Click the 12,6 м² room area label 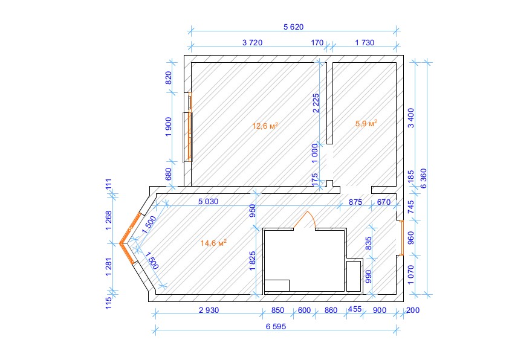[x=265, y=126]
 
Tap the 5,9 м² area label [x=366, y=123]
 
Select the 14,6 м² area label [x=213, y=243]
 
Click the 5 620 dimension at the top [x=293, y=27]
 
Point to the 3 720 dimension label [x=252, y=42]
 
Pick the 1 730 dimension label [x=365, y=42]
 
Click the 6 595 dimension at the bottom [x=276, y=327]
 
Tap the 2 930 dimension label [x=209, y=310]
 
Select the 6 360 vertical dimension [x=424, y=178]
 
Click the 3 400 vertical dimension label [x=410, y=118]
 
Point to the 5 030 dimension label [x=208, y=201]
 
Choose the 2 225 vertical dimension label [x=316, y=103]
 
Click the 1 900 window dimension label [x=169, y=127]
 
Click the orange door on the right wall [x=401, y=238]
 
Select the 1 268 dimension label [x=109, y=220]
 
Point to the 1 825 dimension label [x=253, y=261]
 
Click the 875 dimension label [x=355, y=202]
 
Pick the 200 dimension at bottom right [x=413, y=310]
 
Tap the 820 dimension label [x=169, y=78]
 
